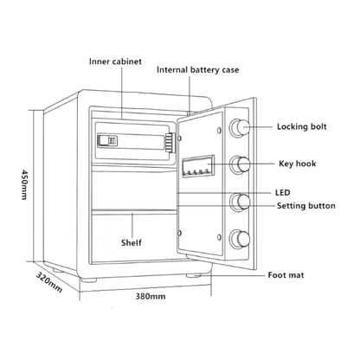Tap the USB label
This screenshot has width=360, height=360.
point(282,191)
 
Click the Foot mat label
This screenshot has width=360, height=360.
point(287,274)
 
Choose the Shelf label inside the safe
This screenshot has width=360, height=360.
point(132,242)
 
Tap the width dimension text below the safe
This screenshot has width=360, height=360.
point(151,296)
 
